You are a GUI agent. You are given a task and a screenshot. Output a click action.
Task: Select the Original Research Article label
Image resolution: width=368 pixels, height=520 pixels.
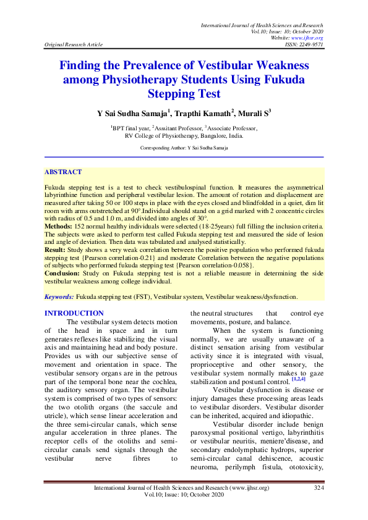(x=74, y=44)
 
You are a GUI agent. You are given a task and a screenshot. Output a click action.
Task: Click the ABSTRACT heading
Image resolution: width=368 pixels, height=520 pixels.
(x=63, y=172)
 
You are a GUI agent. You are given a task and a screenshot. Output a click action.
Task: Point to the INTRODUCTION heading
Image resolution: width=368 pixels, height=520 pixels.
(x=74, y=314)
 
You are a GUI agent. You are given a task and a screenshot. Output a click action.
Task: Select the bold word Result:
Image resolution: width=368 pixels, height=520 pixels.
(x=56, y=250)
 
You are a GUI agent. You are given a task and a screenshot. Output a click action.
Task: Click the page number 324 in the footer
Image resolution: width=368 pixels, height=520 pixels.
(x=319, y=488)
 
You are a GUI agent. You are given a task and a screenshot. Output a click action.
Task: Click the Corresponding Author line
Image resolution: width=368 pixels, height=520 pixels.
(x=184, y=148)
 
